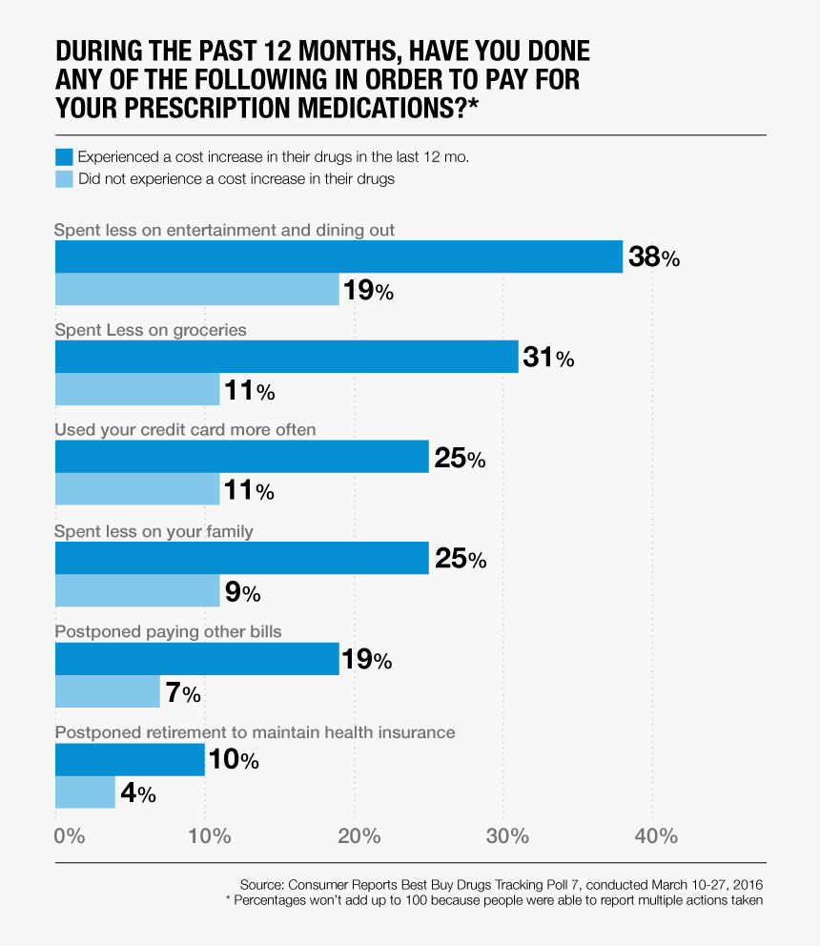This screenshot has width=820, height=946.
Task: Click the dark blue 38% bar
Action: [338, 257]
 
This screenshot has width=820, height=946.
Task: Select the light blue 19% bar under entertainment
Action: [196, 290]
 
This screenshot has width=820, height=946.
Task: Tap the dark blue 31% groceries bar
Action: [286, 358]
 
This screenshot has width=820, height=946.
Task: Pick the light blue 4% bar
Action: [85, 792]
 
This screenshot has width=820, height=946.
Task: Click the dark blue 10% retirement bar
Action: [130, 760]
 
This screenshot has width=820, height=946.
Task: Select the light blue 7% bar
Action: [107, 691]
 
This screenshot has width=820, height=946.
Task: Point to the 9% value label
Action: [242, 592]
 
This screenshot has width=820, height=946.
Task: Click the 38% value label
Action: [653, 257]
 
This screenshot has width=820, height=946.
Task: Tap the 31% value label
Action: [548, 359]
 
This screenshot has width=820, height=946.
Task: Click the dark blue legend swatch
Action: [64, 156]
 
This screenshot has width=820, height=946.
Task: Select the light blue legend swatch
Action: [64, 178]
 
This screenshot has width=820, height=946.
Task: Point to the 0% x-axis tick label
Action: [70, 836]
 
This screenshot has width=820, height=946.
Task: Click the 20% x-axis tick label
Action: [359, 836]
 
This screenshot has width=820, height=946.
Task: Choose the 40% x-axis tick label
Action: [656, 836]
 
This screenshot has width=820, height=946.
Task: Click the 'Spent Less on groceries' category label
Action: [151, 330]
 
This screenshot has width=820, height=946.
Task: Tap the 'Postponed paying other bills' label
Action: [168, 631]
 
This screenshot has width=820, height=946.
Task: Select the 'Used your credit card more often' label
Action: [185, 430]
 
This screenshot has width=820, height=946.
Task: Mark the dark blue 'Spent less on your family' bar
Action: [241, 558]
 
